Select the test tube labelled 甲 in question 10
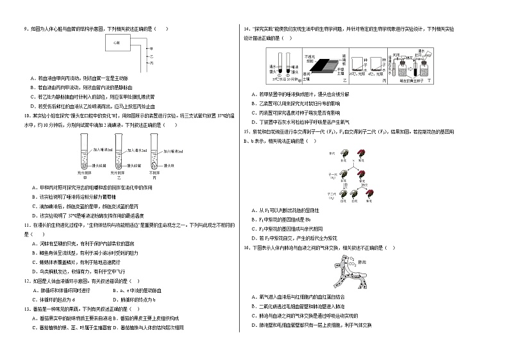point(84,154)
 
